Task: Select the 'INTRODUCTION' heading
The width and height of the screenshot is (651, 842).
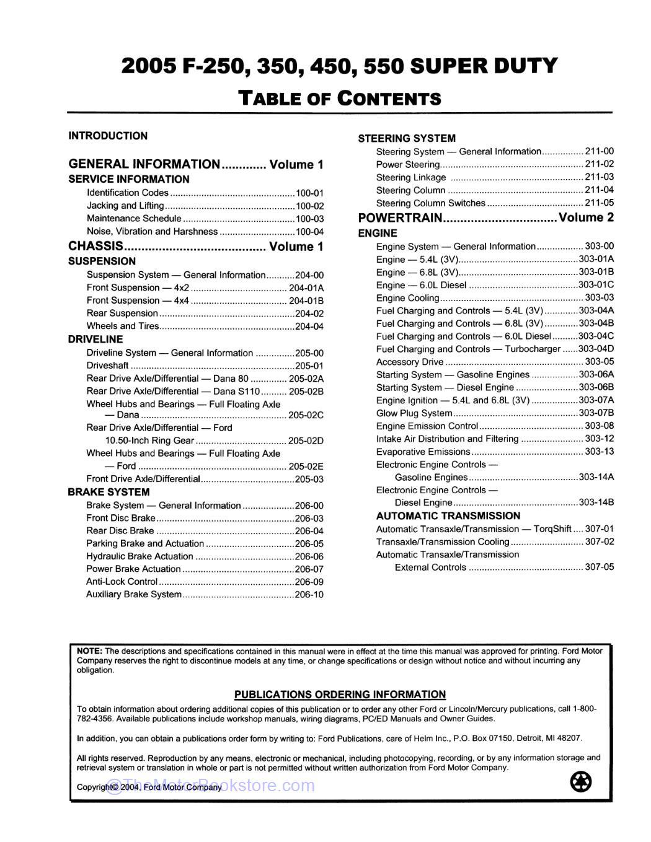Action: pos(108,136)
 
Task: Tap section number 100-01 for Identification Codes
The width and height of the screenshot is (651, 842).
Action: pos(309,193)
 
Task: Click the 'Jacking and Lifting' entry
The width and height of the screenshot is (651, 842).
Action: pos(125,206)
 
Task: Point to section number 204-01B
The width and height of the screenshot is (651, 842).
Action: pos(306,300)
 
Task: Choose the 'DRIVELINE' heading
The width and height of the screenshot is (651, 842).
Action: pos(95,340)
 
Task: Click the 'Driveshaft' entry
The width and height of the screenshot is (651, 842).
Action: pos(107,366)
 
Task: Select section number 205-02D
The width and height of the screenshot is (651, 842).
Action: pos(306,441)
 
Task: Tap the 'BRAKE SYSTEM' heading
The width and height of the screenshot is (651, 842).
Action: pos(108,492)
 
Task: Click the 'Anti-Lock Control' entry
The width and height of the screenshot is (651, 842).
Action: pos(122,582)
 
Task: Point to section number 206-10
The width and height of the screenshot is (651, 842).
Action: pos(309,595)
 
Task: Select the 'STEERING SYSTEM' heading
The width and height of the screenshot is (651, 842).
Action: pos(407,138)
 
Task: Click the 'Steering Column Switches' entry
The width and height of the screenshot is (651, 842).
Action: pos(430,203)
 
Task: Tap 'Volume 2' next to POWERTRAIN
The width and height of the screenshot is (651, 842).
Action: pos(586,217)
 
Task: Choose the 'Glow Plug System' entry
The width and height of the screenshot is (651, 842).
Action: pos(414,413)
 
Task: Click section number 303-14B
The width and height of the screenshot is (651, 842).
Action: pos(596,503)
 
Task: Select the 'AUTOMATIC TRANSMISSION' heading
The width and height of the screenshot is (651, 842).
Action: pos(448,516)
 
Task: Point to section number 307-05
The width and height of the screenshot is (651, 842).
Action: pos(599,568)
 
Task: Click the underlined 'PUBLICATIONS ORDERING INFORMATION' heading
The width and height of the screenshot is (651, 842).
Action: pos(340,695)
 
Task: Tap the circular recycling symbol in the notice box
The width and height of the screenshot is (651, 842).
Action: pos(580,781)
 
